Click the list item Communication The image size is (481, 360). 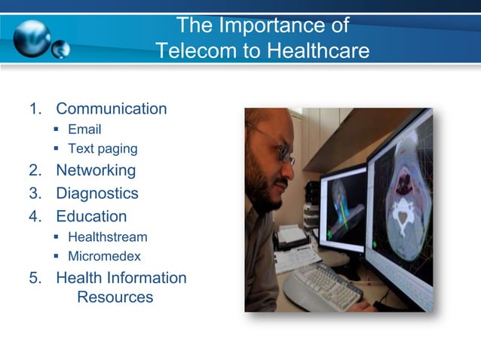point(111,108)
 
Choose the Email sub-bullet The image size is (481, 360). point(84,130)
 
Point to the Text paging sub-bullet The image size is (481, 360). point(103,148)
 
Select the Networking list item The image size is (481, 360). point(96,170)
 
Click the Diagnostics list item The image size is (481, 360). point(97,193)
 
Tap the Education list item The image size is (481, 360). point(91,216)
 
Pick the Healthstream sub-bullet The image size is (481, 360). point(107,237)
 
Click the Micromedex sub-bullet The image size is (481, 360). point(104,256)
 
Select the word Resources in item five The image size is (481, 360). point(115,297)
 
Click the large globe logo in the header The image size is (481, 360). point(32,37)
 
